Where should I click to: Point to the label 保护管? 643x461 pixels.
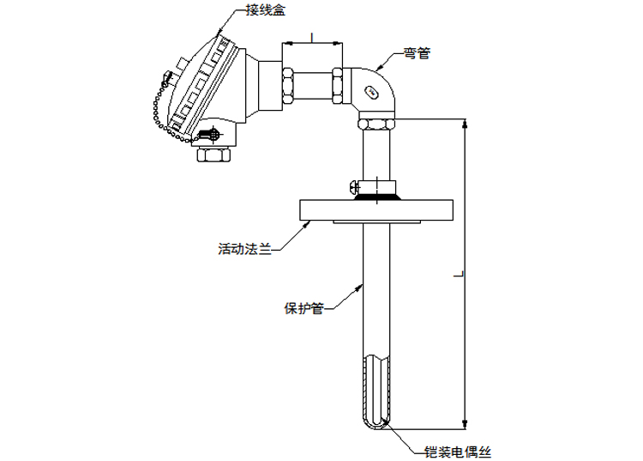pos(303,307)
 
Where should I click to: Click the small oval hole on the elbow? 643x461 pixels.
pos(371,88)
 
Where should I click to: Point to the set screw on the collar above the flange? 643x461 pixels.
pos(355,185)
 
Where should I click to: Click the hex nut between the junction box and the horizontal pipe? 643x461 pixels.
pos(287,84)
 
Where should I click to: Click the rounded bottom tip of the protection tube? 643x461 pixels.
pos(378,422)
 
